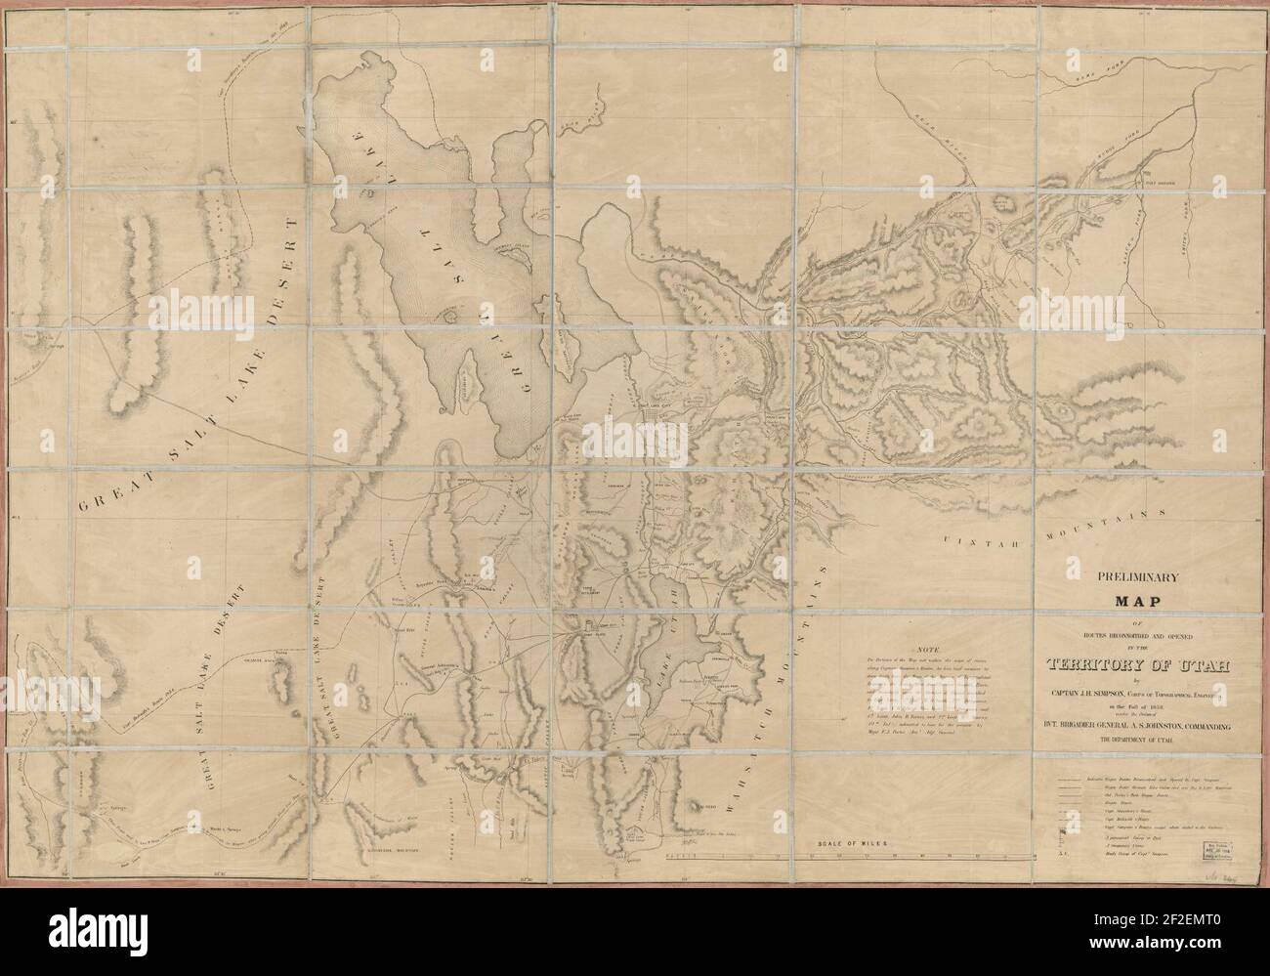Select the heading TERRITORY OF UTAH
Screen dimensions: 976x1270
(x=1114, y=666)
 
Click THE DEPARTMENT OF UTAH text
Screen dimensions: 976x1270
(x=1115, y=743)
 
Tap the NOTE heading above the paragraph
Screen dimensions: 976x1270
(x=928, y=650)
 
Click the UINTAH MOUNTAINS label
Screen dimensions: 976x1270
(x=1055, y=528)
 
